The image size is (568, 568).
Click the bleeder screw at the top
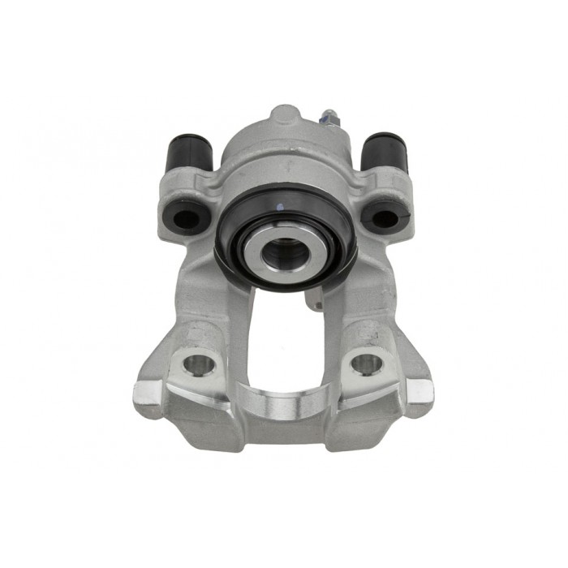[x=331, y=119]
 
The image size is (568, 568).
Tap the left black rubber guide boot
[x=189, y=153]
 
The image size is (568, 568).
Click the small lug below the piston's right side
[x=312, y=301]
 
